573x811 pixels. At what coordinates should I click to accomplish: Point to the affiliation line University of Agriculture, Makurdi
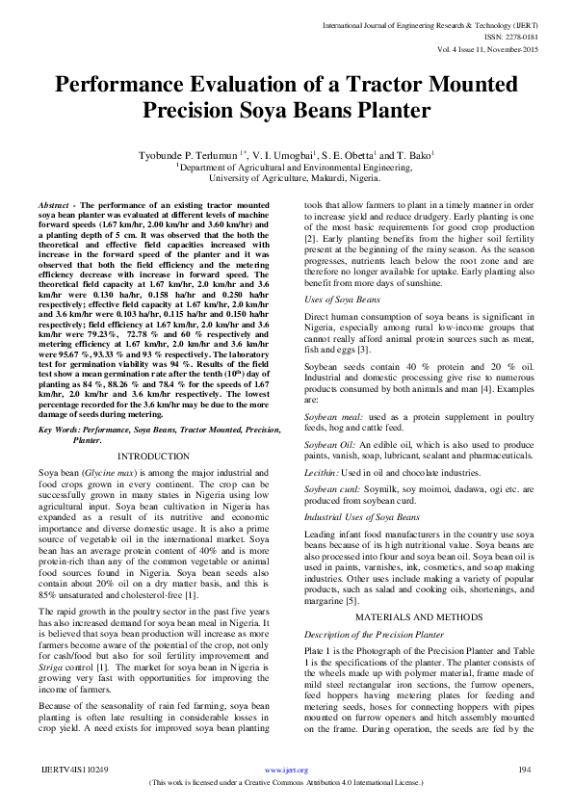tap(286, 178)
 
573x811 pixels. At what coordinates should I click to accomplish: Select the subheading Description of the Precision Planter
tap(374, 635)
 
